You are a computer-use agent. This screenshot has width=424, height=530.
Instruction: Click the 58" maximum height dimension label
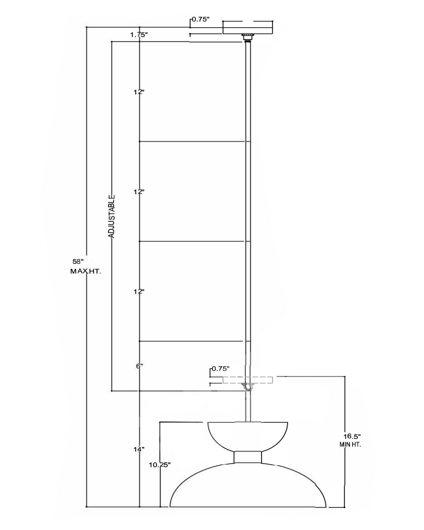click(x=78, y=261)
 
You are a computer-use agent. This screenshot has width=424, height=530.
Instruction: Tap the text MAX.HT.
click(x=86, y=271)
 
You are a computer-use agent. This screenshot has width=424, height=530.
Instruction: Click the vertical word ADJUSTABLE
click(x=112, y=217)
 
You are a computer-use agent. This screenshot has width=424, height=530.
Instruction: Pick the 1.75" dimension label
click(x=139, y=35)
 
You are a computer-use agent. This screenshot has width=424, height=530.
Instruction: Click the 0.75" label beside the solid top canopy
click(x=201, y=19)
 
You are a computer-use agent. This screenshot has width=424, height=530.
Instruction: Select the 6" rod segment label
click(x=140, y=366)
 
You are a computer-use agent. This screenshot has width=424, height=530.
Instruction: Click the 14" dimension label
click(x=139, y=449)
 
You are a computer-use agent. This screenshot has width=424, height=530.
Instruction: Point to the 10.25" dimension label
click(x=160, y=465)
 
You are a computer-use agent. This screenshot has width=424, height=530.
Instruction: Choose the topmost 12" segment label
click(x=139, y=92)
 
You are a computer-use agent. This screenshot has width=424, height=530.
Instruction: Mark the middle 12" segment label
click(x=139, y=192)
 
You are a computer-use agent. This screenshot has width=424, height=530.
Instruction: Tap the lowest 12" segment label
click(x=139, y=291)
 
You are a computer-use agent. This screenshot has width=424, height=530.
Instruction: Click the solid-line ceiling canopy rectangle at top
click(x=248, y=27)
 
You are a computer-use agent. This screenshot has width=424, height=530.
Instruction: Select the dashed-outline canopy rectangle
click(x=248, y=380)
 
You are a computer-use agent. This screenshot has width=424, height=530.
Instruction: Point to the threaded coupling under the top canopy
click(x=247, y=37)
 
